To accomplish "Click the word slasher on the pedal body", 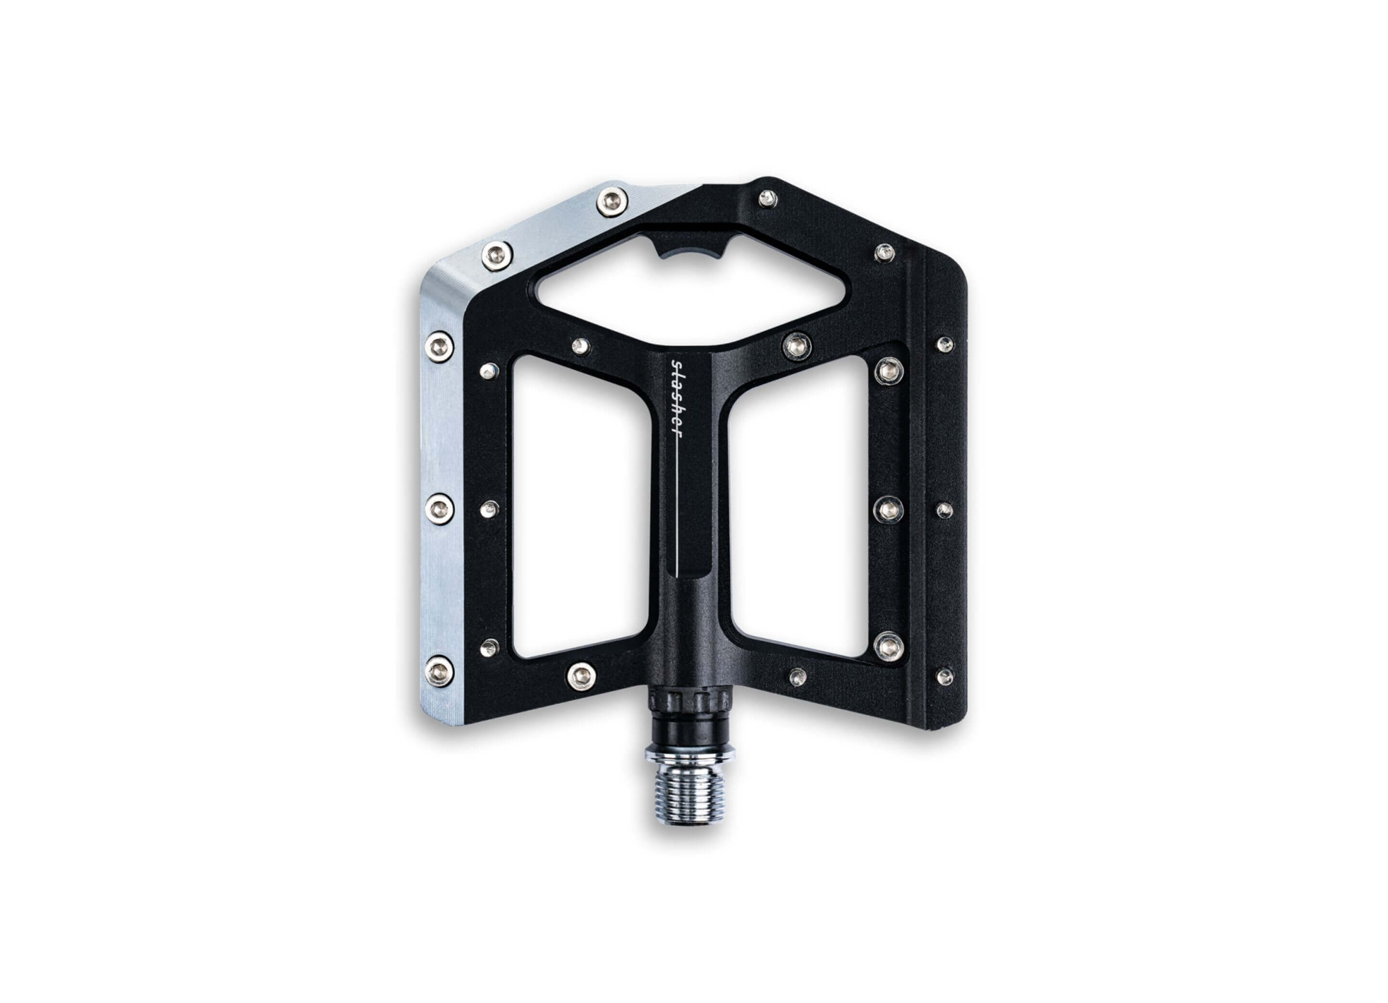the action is (x=676, y=399).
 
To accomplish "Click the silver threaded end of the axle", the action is (x=690, y=796).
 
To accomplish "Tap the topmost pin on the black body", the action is (x=768, y=198).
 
